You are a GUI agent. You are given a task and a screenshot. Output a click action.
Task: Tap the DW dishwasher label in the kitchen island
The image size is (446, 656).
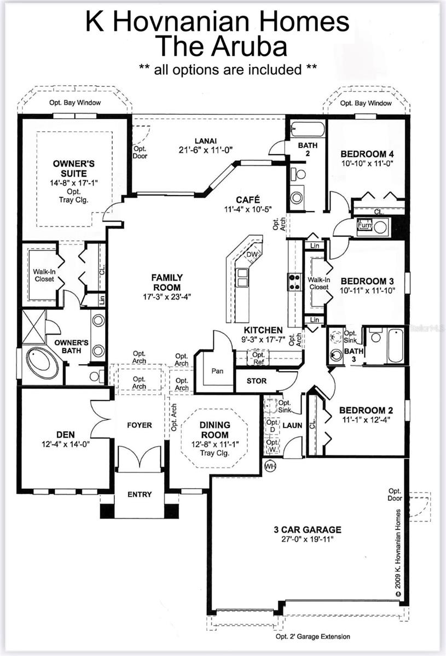[251, 255]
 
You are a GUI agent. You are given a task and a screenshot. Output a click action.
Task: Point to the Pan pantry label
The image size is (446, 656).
[217, 371]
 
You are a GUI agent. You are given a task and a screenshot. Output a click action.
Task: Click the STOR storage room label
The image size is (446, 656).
[257, 381]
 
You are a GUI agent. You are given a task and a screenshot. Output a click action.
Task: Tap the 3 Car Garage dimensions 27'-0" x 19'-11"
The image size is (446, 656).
[308, 539]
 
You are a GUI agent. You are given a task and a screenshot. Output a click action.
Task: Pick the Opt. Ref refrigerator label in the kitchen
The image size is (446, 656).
[258, 359]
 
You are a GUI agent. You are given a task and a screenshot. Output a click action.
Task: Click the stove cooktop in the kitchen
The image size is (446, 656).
[294, 282]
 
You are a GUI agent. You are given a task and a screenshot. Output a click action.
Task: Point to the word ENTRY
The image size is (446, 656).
[139, 494]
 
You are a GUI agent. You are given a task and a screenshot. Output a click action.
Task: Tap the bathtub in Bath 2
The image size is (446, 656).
[308, 130]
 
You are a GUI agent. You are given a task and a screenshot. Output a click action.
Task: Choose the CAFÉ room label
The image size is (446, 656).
[248, 200]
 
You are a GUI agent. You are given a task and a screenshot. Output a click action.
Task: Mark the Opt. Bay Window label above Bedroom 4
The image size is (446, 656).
[366, 103]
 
